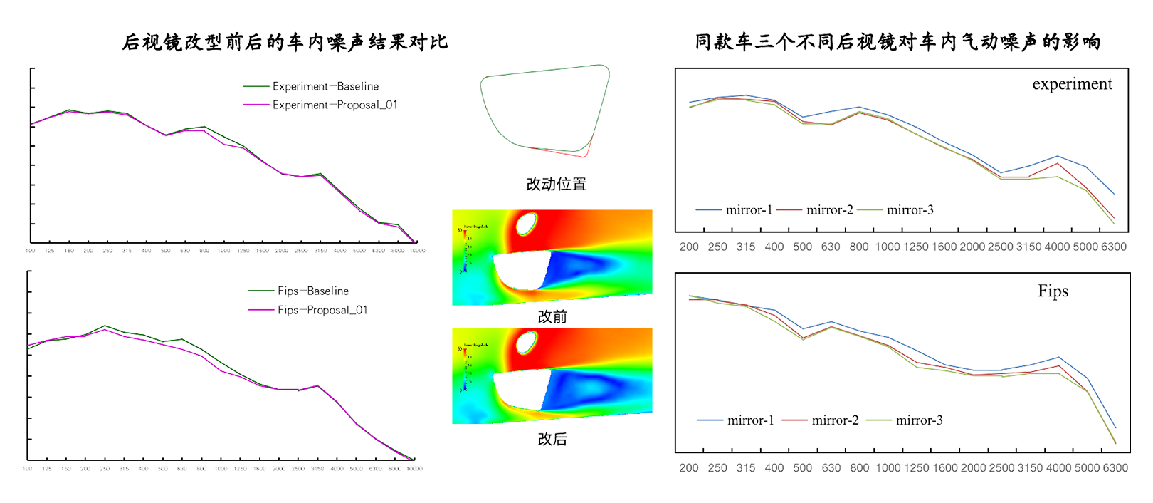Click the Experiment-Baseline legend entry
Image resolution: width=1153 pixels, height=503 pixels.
point(325,86)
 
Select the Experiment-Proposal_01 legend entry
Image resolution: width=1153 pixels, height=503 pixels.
point(335,105)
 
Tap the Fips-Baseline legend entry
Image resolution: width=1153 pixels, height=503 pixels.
point(313,291)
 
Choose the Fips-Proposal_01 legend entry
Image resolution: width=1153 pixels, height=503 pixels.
point(322,310)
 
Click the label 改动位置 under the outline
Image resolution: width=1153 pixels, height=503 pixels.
point(556,184)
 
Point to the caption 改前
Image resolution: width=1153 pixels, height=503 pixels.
point(552,316)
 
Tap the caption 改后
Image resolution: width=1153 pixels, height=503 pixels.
point(552,439)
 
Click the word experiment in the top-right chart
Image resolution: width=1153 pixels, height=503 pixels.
point(1072,84)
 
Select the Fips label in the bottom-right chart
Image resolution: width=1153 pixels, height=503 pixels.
point(1053,291)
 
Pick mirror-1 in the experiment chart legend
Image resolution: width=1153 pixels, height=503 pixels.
point(749,210)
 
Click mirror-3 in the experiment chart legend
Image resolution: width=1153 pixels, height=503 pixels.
point(910,210)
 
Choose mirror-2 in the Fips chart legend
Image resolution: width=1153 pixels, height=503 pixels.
point(835,420)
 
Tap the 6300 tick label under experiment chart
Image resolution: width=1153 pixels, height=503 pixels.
point(1114,247)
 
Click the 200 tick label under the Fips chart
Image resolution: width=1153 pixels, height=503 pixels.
point(689,468)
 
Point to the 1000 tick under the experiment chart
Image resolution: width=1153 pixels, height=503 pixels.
point(888,247)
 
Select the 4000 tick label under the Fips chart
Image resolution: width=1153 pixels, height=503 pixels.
point(1058,468)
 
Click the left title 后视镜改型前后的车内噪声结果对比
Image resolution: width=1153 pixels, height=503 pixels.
point(285,42)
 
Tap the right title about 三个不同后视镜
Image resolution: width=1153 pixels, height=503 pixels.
point(897,42)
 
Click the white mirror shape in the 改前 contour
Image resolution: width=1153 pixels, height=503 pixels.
point(520,271)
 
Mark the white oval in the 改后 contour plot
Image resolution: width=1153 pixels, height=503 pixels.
point(526,343)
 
